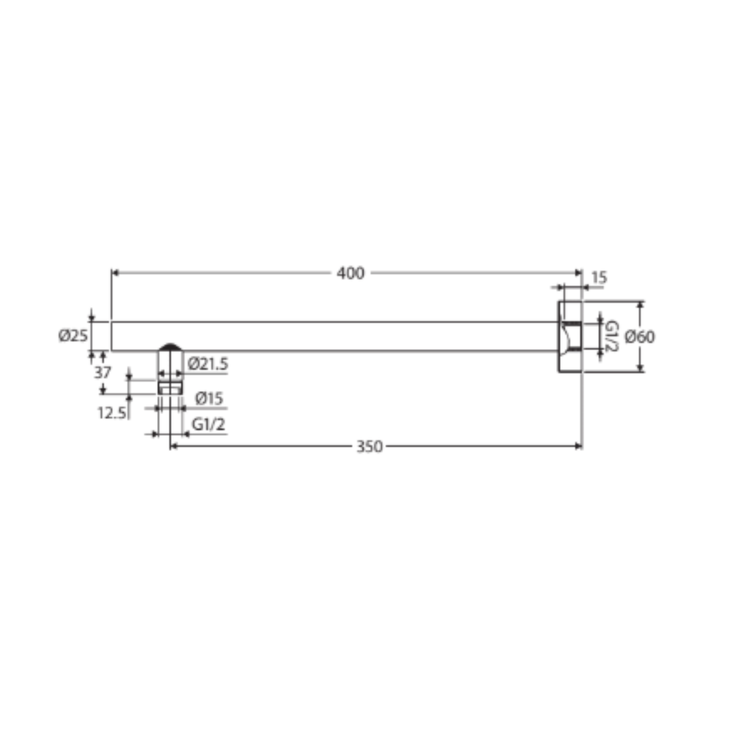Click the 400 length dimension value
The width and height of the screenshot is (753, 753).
pyautogui.click(x=350, y=273)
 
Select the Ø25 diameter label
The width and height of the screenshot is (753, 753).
pyautogui.click(x=73, y=336)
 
